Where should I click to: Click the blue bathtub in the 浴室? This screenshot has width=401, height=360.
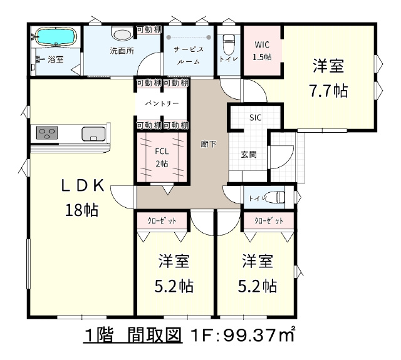tap(56, 36)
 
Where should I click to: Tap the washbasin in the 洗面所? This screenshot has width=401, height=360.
tap(122, 33)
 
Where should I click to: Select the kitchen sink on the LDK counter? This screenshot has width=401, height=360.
tap(93, 133)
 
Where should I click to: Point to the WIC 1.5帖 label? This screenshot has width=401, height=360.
tap(262, 51)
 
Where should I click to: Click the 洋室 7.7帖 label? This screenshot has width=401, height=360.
tap(328, 78)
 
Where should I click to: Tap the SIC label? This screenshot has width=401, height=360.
tap(256, 118)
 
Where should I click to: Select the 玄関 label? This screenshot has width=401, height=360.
tap(249, 155)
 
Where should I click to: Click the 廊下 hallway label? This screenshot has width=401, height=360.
tap(209, 145)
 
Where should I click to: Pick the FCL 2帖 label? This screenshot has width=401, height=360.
tap(162, 157)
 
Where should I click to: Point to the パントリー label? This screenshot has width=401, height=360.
tap(162, 103)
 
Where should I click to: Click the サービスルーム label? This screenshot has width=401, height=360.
tap(189, 56)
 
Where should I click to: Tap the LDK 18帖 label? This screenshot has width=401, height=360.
tap(82, 197)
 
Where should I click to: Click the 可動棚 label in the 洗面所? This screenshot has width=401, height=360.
tap(149, 29)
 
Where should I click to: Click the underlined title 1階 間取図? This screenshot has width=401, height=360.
tap(133, 336)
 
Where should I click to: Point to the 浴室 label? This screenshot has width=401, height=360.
tap(56, 59)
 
